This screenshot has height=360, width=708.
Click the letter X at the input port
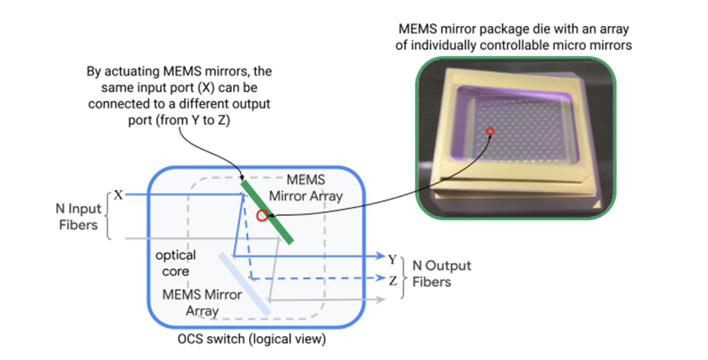tap(119, 195)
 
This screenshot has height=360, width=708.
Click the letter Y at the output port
tap(393, 258)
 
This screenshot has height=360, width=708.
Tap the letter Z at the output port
tap(393, 280)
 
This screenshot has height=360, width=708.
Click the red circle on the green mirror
tap(262, 216)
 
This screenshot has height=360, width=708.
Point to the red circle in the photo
tap(490, 132)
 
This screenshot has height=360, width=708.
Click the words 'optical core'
tap(175, 263)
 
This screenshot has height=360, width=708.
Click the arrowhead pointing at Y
tap(380, 257)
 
